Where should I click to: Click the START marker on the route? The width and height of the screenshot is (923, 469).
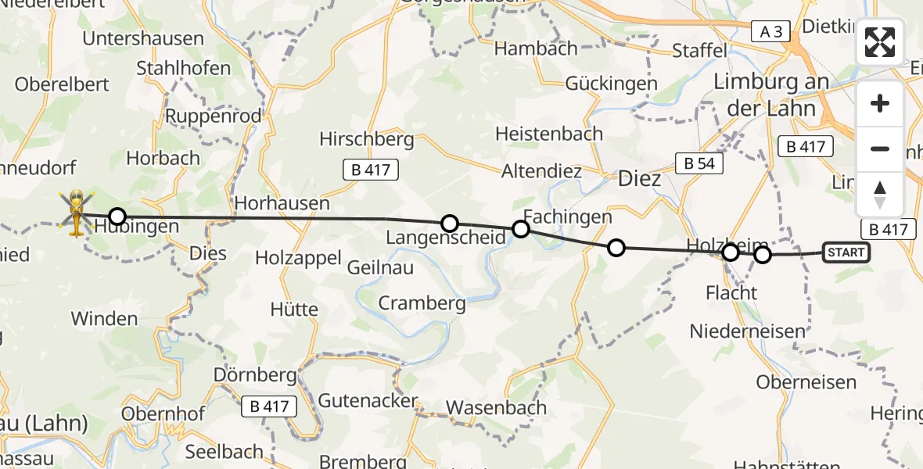(x=846, y=252)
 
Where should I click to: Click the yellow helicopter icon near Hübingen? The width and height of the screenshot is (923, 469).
(x=77, y=212)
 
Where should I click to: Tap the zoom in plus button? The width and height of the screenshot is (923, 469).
(x=880, y=104)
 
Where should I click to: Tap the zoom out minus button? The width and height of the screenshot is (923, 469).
(x=880, y=149)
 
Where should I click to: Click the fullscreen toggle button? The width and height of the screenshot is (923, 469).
(x=880, y=42)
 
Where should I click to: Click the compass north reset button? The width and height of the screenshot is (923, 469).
(x=880, y=194)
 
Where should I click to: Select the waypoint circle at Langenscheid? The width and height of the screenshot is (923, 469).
(x=449, y=224)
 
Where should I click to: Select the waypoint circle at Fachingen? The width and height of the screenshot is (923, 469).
(x=520, y=229)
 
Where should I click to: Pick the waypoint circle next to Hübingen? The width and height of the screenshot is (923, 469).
(x=117, y=217)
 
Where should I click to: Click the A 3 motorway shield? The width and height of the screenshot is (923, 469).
(x=770, y=30)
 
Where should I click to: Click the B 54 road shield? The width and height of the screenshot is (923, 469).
(x=699, y=163)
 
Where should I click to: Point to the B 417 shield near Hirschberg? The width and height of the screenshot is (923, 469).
(x=371, y=170)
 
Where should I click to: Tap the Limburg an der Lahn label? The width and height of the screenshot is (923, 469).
(x=770, y=95)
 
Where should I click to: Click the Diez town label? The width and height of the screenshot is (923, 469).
(x=639, y=179)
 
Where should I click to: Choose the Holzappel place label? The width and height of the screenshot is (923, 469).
(x=298, y=257)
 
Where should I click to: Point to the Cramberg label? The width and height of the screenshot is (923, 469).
(x=422, y=303)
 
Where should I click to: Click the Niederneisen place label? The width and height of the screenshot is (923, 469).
(x=747, y=331)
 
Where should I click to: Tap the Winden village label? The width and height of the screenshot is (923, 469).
(x=104, y=319)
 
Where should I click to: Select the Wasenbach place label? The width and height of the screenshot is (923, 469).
(x=496, y=407)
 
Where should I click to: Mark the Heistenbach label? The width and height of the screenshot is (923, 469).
(x=549, y=134)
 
